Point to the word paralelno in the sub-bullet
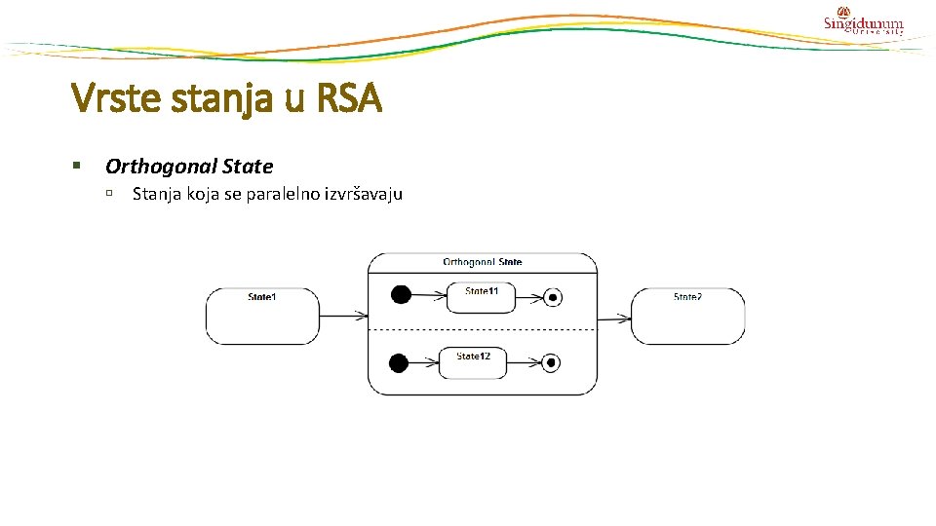click(x=283, y=194)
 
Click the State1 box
click(x=262, y=317)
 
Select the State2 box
click(x=687, y=317)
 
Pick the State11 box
click(x=481, y=298)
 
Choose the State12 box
click(x=473, y=363)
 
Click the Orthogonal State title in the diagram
click(x=482, y=262)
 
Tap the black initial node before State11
click(x=399, y=295)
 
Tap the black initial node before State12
click(x=399, y=363)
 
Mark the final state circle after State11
click(x=552, y=298)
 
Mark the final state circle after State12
click(x=552, y=363)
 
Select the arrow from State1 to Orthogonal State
click(x=343, y=316)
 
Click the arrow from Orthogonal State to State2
click(x=613, y=318)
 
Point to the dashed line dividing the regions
click(x=482, y=331)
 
